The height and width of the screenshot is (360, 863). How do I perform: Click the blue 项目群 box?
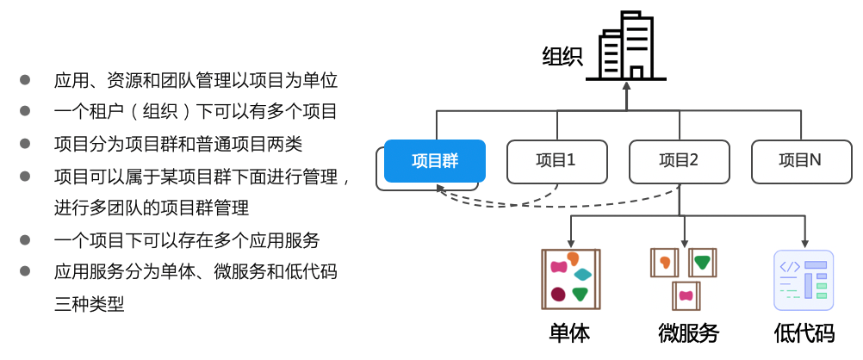434,161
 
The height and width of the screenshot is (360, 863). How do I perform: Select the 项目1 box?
556,161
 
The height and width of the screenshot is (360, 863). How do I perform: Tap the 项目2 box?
679,161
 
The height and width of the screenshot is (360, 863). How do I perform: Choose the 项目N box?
800,161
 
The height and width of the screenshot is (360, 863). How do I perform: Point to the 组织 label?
562,57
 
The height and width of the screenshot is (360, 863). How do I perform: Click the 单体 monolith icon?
570,279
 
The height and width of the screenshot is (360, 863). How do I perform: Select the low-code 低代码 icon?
804,279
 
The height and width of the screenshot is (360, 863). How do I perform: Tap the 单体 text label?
570,333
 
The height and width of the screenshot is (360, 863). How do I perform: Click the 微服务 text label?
687,333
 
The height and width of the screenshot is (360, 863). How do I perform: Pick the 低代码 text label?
804,333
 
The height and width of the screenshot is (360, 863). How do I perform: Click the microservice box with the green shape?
703,262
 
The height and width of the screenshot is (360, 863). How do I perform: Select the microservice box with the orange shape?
664,262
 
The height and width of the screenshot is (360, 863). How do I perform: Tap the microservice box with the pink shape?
686,295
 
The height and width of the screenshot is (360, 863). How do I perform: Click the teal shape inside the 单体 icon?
583,274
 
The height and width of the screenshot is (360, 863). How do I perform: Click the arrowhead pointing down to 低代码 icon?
804,244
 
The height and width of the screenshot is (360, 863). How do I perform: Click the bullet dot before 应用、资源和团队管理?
25,80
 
